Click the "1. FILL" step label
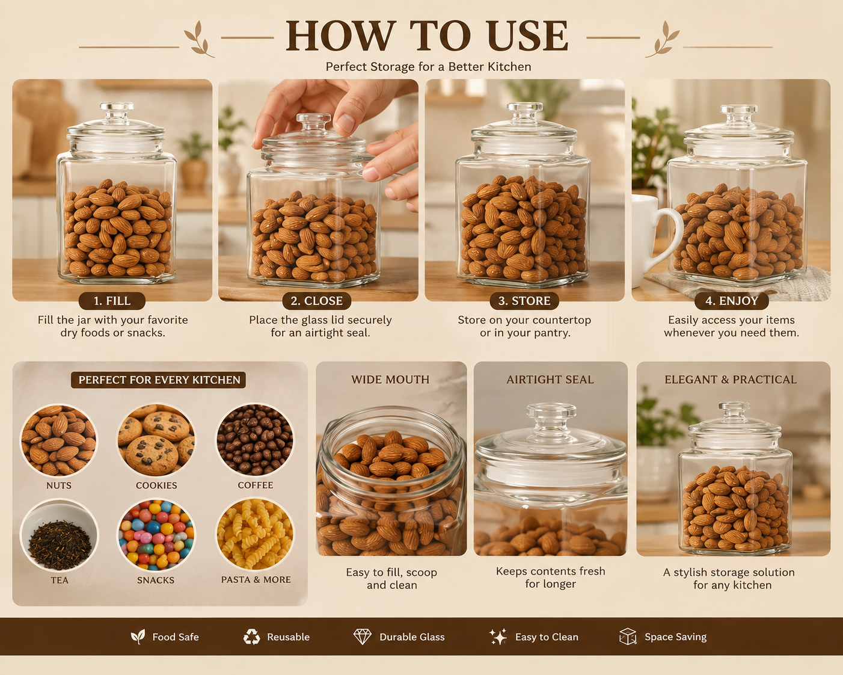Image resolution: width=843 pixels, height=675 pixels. (112, 301)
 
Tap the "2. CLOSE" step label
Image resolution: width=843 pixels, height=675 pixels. (316, 301)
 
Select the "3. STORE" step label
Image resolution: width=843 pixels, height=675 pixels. (524, 301)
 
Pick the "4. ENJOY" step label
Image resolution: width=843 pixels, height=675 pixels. (731, 301)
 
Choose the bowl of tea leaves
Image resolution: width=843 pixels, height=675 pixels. (59, 535)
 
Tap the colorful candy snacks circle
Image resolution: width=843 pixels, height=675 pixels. (156, 535)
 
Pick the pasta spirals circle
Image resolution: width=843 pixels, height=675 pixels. (255, 535)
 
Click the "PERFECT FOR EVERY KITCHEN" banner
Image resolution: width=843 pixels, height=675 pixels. (159, 380)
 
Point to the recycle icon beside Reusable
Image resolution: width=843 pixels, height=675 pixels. (251, 637)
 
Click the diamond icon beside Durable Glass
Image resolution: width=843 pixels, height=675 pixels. (363, 637)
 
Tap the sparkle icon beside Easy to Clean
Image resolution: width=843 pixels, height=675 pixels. (498, 636)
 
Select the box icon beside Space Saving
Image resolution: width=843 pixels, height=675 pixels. (628, 636)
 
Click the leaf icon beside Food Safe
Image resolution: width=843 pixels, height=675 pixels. (138, 636)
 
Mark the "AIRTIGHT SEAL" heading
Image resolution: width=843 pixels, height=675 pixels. (550, 380)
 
